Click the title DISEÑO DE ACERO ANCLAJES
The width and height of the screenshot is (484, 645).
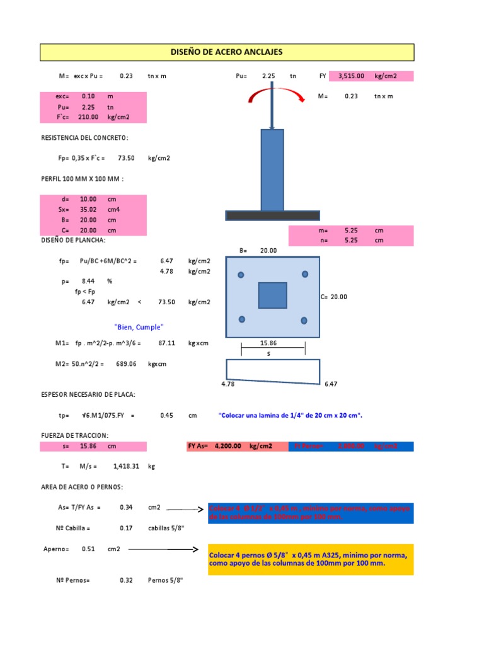point(227,52)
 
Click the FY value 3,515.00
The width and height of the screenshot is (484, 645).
point(351,76)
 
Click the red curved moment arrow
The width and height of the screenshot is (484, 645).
point(272,94)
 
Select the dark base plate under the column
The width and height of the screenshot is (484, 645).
point(272,215)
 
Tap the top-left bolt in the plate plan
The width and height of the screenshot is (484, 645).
point(240,275)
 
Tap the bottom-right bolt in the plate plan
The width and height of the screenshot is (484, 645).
point(305,320)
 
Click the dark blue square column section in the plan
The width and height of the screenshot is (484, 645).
point(272,295)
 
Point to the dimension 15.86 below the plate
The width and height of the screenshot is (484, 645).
point(268,343)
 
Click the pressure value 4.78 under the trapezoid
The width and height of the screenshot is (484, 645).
point(228,383)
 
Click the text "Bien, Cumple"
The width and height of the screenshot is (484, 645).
point(139,327)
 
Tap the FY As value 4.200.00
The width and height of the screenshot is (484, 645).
point(228,446)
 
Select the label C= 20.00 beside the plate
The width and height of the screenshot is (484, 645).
point(334,297)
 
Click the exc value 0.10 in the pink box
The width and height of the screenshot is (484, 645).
point(88,96)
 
